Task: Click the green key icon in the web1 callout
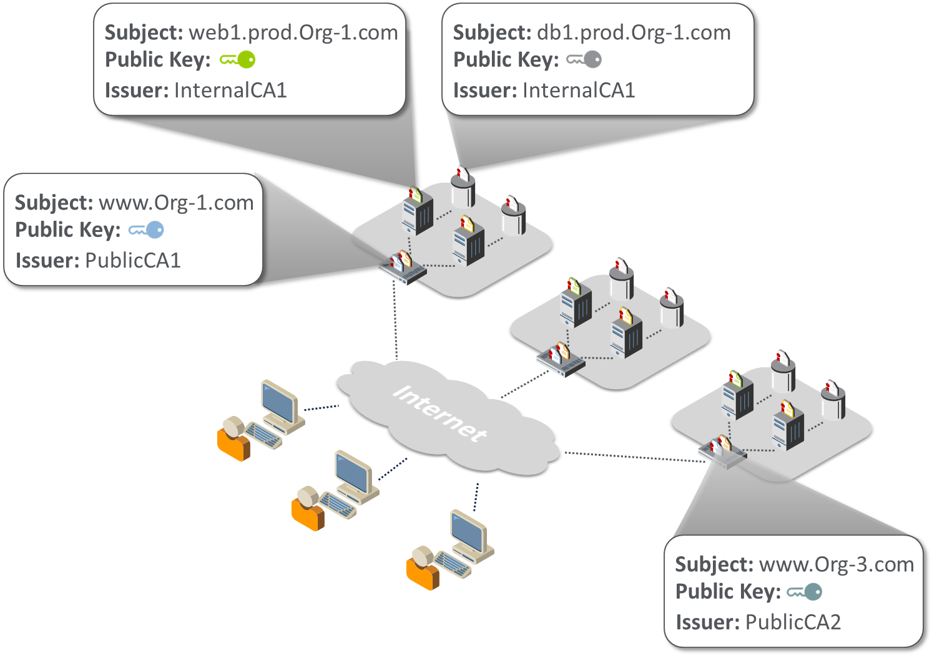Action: pyautogui.click(x=238, y=60)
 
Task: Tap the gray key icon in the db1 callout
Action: pyautogui.click(x=584, y=60)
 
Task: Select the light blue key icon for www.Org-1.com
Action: pyautogui.click(x=147, y=230)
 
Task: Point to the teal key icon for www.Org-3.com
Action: pyautogui.click(x=805, y=592)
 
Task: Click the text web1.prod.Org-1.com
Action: pyautogui.click(x=293, y=32)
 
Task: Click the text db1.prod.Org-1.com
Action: pyautogui.click(x=633, y=32)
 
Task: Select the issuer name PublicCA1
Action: pyautogui.click(x=132, y=260)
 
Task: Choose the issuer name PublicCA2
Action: pyautogui.click(x=793, y=622)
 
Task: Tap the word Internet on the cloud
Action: pyautogui.click(x=440, y=413)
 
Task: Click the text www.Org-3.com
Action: pyautogui.click(x=836, y=564)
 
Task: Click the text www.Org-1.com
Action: pyautogui.click(x=176, y=203)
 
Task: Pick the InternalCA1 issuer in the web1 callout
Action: pyautogui.click(x=230, y=90)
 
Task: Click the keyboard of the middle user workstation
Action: pyautogui.click(x=338, y=505)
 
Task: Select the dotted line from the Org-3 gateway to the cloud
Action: pyautogui.click(x=634, y=456)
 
